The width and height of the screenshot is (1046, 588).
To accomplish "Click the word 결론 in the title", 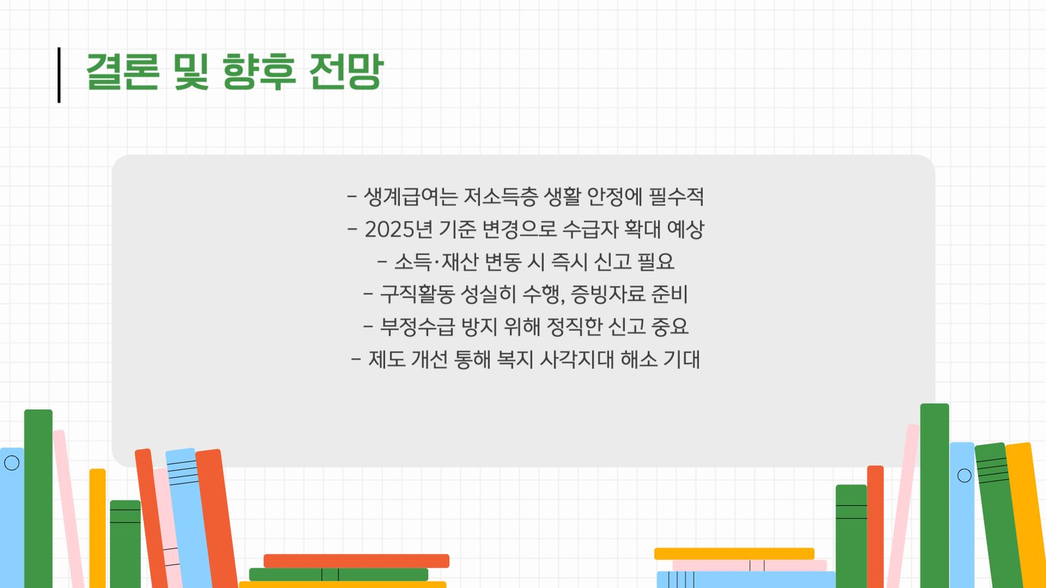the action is click(x=123, y=71).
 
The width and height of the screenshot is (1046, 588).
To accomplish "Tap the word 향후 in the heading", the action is click(x=259, y=71).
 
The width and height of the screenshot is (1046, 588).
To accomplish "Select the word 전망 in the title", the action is click(x=346, y=71).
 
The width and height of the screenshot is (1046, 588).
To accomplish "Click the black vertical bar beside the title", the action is click(x=59, y=74).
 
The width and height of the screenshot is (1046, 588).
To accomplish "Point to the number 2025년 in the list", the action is click(x=398, y=229).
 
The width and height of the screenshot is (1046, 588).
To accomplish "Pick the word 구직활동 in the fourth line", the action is click(x=417, y=294).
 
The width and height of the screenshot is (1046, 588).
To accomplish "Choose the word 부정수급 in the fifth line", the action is click(x=417, y=326).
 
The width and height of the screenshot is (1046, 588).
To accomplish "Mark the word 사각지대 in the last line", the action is click(x=577, y=359).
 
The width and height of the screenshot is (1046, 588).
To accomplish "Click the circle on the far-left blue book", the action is click(x=12, y=463).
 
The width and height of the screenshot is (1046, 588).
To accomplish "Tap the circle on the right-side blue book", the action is click(x=964, y=476).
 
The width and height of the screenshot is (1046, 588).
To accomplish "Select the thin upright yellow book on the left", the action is click(x=97, y=529).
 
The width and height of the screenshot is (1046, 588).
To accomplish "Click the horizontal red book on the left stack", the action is click(x=356, y=561).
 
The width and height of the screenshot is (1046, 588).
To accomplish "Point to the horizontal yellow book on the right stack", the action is click(x=734, y=554).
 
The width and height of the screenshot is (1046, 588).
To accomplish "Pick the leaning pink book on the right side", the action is click(x=903, y=506).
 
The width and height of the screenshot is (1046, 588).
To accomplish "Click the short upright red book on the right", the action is click(x=875, y=527).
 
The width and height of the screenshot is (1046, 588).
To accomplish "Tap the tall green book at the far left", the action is click(x=39, y=498).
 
